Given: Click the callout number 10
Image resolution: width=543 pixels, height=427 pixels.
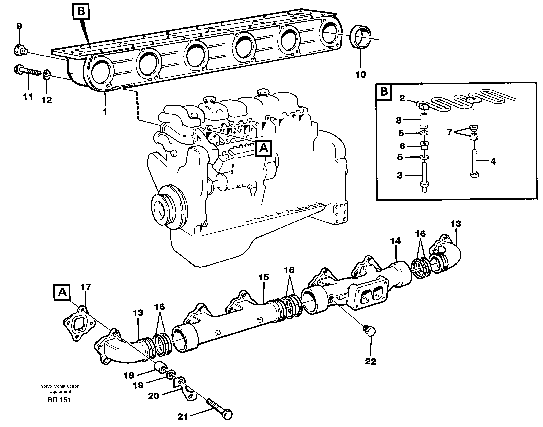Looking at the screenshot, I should (361, 74).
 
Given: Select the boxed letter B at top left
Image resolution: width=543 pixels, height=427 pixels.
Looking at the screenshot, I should (81, 11).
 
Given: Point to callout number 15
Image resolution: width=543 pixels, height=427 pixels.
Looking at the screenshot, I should (264, 277).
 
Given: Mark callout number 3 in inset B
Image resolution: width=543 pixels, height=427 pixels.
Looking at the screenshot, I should (400, 175).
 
